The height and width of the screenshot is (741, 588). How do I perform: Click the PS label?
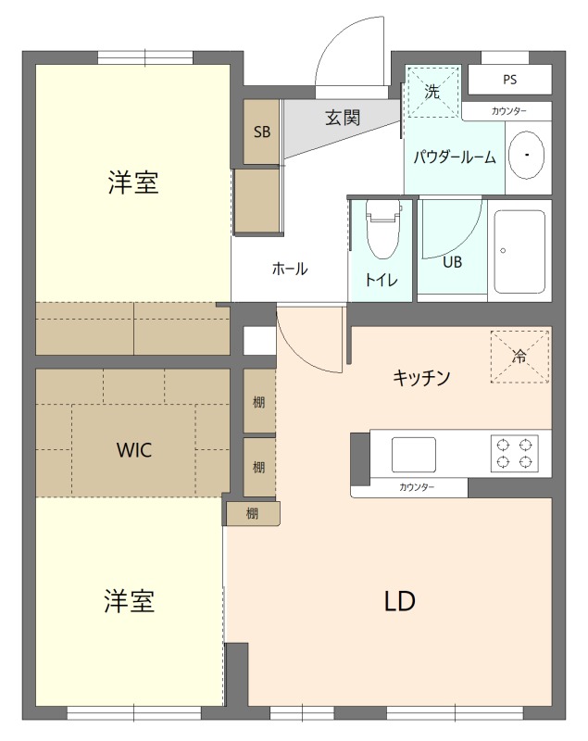pos(509,80)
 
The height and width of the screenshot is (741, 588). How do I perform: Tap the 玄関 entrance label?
pos(343,119)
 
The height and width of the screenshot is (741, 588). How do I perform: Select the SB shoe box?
pos(262,132)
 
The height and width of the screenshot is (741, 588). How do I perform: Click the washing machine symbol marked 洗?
pos(432,92)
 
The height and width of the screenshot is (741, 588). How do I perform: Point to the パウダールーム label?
pos(455,157)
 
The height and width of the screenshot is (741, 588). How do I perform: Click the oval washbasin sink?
pos(527,155)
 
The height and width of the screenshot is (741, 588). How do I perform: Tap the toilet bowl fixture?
pos(381,232)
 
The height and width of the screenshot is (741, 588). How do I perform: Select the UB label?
pos(452,262)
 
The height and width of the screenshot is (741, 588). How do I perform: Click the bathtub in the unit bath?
pos(519,250)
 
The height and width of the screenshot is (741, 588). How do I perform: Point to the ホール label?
pos(290,270)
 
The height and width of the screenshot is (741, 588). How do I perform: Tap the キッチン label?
pos(422,377)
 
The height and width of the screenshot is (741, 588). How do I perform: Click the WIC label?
pos(134,451)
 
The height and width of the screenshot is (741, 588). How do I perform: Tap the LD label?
pos(400,601)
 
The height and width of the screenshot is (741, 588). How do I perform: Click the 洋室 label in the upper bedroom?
pos(133,183)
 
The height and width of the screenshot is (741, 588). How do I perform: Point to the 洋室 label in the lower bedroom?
pos(129,602)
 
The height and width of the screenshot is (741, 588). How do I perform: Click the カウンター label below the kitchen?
pos(418,487)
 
